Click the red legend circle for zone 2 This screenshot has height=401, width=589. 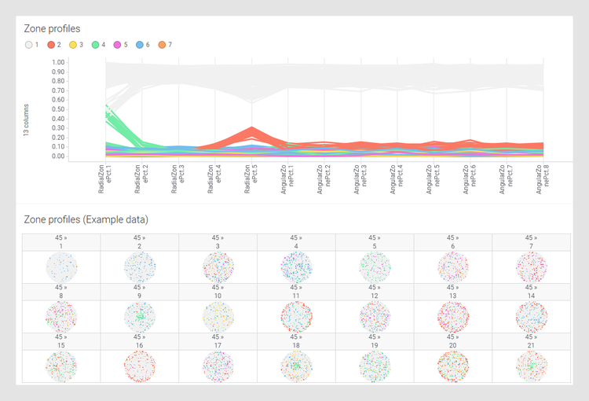pyautogui.click(x=51, y=45)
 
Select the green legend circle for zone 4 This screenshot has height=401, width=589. pyautogui.click(x=95, y=45)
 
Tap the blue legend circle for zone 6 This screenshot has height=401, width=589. pyautogui.click(x=140, y=45)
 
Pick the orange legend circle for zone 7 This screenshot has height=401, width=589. pyautogui.click(x=162, y=45)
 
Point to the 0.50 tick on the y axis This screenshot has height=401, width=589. pyautogui.click(x=58, y=109)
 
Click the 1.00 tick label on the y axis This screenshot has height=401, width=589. pyautogui.click(x=58, y=62)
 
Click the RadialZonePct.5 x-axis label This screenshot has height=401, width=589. pyautogui.click(x=251, y=179)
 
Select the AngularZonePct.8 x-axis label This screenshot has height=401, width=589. pyautogui.click(x=543, y=179)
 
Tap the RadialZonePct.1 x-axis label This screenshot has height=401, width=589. pyautogui.click(x=105, y=179)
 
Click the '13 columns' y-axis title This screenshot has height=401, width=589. pyautogui.click(x=26, y=120)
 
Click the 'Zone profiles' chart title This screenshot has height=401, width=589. pyautogui.click(x=52, y=28)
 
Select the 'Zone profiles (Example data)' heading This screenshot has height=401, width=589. pyautogui.click(x=86, y=219)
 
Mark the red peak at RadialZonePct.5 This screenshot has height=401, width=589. pyautogui.click(x=251, y=128)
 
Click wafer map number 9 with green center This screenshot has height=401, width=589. pyautogui.click(x=139, y=317)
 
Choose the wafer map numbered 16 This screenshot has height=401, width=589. pyautogui.click(x=139, y=366)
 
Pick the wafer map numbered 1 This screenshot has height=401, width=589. pyautogui.click(x=61, y=267)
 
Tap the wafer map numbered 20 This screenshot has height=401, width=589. pyautogui.click(x=453, y=366)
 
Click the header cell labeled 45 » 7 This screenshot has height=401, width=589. pyautogui.click(x=531, y=242)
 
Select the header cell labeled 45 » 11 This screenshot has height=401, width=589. pyautogui.click(x=296, y=292)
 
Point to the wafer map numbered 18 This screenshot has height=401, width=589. pyautogui.click(x=296, y=366)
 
